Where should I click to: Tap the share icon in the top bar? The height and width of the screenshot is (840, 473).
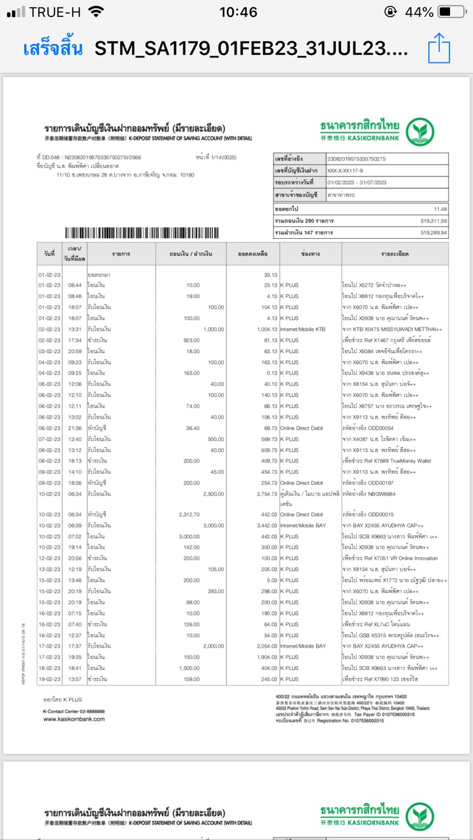point(438,49)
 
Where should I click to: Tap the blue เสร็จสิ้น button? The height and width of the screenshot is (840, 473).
point(53,49)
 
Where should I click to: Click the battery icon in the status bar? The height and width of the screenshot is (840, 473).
point(452,12)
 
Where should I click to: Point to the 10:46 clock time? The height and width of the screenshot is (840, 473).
point(238,12)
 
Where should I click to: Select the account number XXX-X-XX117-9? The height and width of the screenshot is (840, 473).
point(351,171)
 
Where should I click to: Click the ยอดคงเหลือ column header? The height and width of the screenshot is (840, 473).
point(253,253)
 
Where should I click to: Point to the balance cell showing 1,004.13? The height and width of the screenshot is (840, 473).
point(266,329)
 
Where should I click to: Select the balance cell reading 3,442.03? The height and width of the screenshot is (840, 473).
point(266,526)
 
